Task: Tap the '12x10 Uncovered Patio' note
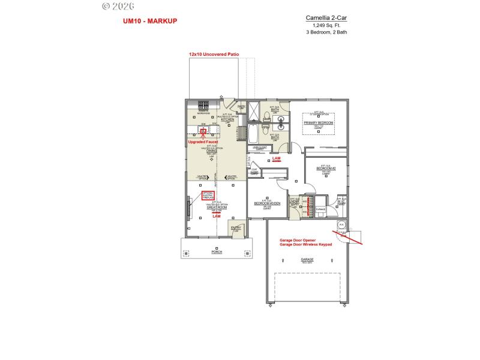pyautogui.click(x=214, y=54)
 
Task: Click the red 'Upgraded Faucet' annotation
pyautogui.click(x=203, y=142)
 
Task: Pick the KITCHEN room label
pyautogui.click(x=227, y=119)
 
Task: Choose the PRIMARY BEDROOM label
pyautogui.click(x=318, y=122)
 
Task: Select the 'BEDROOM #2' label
pyautogui.click(x=326, y=169)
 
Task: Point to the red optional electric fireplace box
pyautogui.click(x=208, y=195)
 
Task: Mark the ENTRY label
pyautogui.click(x=236, y=227)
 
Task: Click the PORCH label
pyautogui.click(x=216, y=252)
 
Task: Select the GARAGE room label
pyautogui.click(x=307, y=259)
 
